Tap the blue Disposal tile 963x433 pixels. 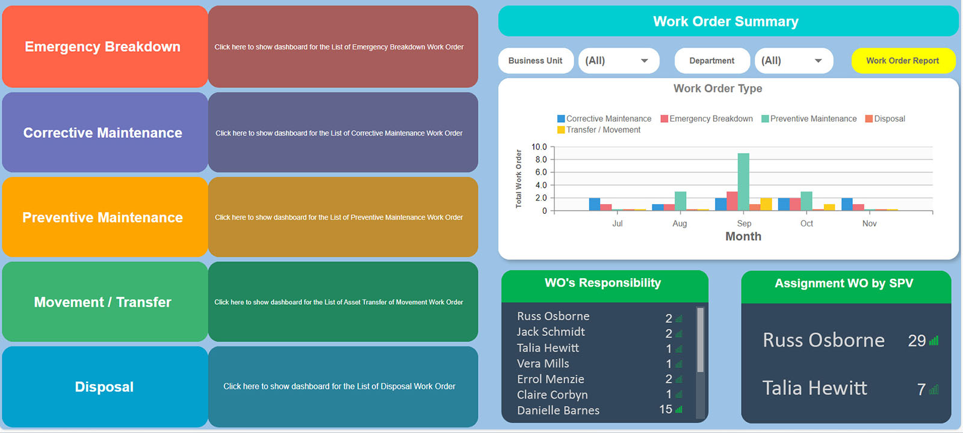coord(104,387)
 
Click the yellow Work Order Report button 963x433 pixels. coord(902,61)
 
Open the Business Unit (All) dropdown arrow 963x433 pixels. coord(644,61)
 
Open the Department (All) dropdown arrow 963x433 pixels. coord(818,61)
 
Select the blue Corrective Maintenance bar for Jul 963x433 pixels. coord(595,204)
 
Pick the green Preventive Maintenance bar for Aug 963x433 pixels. coord(680,201)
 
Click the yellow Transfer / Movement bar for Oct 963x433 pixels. coord(829,207)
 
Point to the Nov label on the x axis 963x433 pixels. coord(869,223)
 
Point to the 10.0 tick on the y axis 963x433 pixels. coord(539,147)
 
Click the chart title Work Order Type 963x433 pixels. coord(717,89)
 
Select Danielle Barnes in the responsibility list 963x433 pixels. coord(558,410)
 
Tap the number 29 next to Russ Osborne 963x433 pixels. coord(917,341)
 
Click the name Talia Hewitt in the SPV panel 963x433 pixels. coord(814,388)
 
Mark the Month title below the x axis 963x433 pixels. coord(743,237)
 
